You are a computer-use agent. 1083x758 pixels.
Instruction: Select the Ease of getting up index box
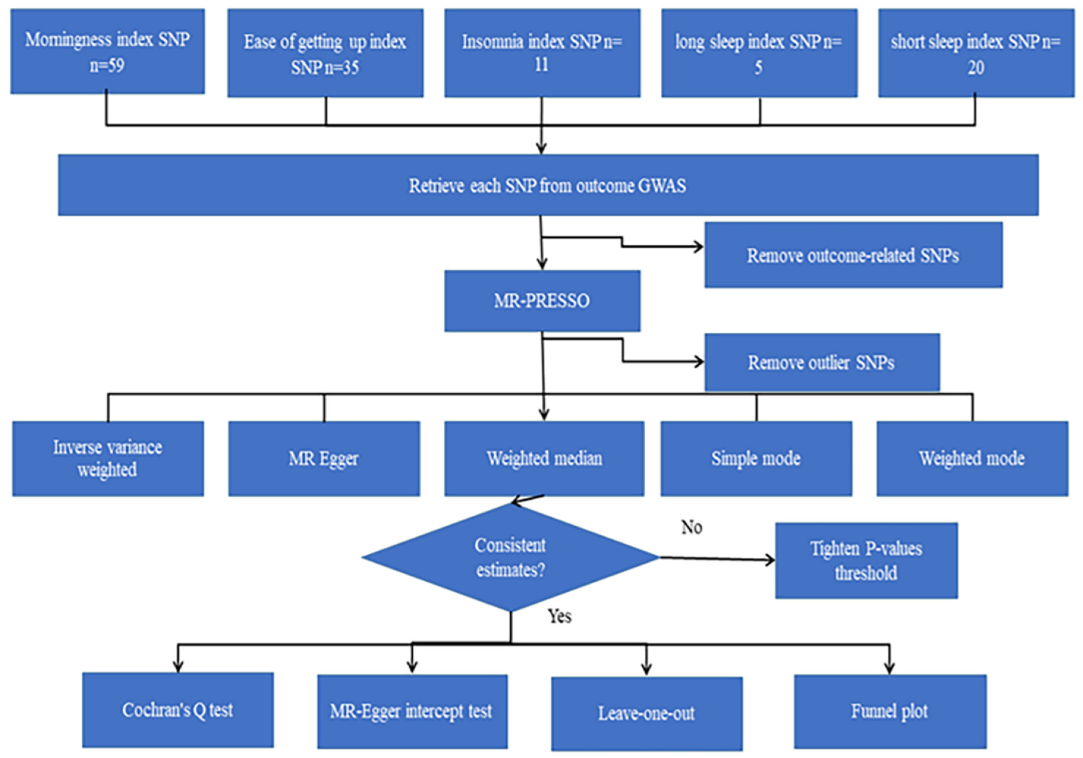pos(325,53)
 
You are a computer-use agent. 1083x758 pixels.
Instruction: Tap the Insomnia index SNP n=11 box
pos(542,53)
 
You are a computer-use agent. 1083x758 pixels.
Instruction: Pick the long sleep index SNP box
pos(759,53)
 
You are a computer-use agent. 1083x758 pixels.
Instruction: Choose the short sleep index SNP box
pos(976,53)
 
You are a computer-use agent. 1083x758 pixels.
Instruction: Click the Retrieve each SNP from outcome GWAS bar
pos(548,185)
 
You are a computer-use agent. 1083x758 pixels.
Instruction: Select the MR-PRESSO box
pos(542,301)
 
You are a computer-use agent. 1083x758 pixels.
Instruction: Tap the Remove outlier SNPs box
pos(822,362)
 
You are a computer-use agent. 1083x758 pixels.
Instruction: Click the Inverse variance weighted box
pos(108,458)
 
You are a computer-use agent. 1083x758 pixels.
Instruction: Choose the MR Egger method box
pos(324,458)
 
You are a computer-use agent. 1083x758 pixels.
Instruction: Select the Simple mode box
pos(756,458)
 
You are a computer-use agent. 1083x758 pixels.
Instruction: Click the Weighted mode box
pos(972,458)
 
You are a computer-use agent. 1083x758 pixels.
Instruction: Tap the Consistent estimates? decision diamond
pos(510,558)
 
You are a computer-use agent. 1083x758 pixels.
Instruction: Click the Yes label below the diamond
pos(559,616)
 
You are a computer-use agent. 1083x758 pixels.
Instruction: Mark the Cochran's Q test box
pos(178,710)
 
